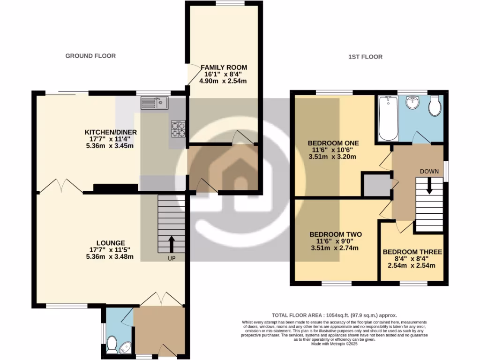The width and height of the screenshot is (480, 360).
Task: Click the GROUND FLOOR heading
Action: point(90,56)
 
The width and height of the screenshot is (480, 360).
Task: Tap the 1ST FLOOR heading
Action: point(365,57)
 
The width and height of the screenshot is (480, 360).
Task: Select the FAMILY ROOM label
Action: point(224,67)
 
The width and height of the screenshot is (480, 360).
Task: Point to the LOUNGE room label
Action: point(111,243)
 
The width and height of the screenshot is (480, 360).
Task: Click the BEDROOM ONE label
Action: point(333,143)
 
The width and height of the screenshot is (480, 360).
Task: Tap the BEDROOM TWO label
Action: point(335,234)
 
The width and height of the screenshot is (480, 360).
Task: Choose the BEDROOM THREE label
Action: point(412,252)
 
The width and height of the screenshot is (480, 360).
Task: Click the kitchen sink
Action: point(155,102)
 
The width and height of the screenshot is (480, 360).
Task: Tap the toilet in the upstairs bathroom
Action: point(435,106)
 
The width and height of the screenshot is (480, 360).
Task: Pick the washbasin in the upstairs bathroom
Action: point(412,102)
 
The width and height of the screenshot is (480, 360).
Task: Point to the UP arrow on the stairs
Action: point(171,245)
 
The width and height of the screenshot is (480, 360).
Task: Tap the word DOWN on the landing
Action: point(429,172)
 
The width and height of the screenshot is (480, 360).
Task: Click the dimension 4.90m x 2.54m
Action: point(223,81)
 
